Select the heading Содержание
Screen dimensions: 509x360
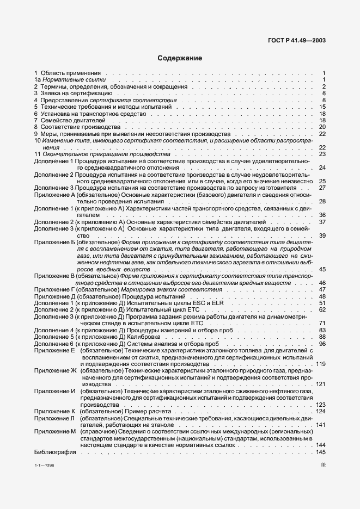pyautogui.click(x=180, y=58)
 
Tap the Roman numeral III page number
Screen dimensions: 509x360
pyautogui.click(x=322, y=465)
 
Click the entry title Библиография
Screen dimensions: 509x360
pyautogui.click(x=52, y=452)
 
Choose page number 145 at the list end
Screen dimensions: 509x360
pyautogui.click(x=321, y=452)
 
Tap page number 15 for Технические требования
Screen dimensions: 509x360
pyautogui.click(x=322, y=107)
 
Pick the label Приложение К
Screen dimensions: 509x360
pyautogui.click(x=54, y=412)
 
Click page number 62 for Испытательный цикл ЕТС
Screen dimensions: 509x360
pyautogui.click(x=322, y=309)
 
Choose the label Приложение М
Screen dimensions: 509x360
pyautogui.click(x=54, y=432)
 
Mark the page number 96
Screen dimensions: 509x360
pyautogui.click(x=322, y=344)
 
